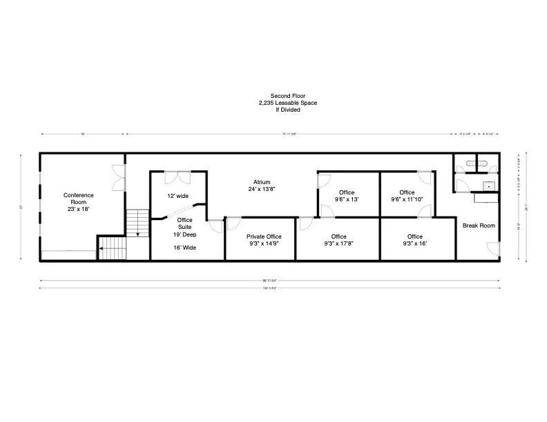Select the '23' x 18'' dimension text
[x=79, y=208]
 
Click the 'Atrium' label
[x=261, y=182]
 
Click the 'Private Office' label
[x=264, y=237]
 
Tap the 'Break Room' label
[x=479, y=225]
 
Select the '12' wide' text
[x=178, y=196]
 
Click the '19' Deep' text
[x=184, y=233]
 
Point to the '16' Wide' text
[x=184, y=247]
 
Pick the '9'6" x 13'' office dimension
[x=347, y=199]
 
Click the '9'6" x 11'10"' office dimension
[x=407, y=199]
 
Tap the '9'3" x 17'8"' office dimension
[x=338, y=243]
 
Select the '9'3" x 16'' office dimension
[x=414, y=243]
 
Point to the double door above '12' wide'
[x=179, y=177]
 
